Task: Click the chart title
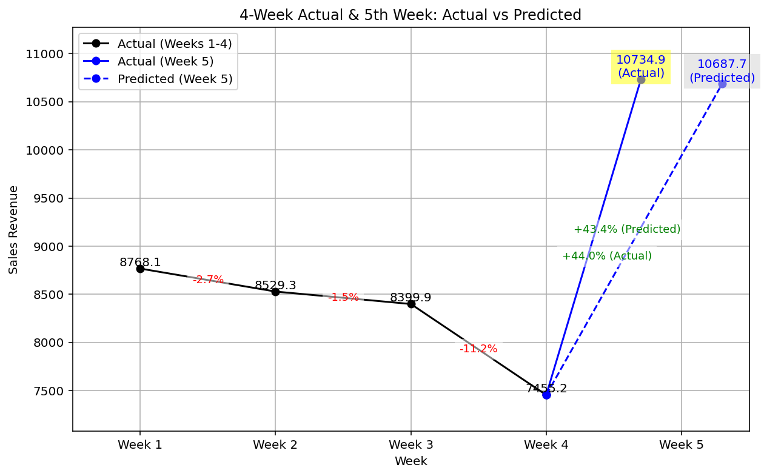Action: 410,15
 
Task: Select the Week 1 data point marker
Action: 140,269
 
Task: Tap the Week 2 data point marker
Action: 275,292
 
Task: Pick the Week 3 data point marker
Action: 411,304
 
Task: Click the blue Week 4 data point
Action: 546,395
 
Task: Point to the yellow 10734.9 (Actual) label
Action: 640,67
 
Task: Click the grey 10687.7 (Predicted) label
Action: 722,71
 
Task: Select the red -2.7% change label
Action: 208,280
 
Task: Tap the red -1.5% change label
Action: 343,297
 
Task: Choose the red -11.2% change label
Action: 478,349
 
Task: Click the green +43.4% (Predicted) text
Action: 627,229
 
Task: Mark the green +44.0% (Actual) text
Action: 607,256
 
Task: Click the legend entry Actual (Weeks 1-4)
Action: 175,44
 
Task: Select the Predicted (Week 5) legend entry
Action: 175,79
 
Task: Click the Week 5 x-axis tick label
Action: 682,445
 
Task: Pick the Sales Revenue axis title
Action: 13,230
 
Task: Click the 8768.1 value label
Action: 140,263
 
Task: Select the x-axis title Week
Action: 410,461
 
